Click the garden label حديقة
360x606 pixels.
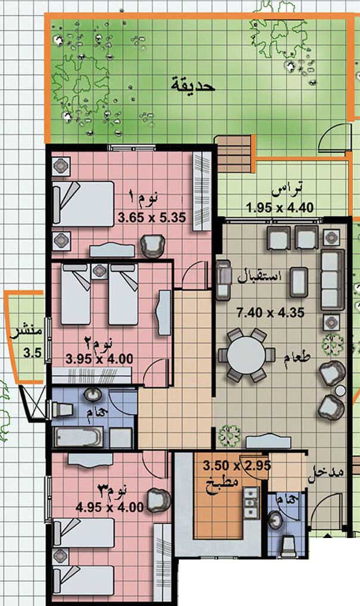[193, 85]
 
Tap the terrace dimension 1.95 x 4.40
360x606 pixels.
[280, 208]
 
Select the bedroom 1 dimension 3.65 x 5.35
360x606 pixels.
[152, 218]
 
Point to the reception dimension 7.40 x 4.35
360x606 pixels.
[271, 313]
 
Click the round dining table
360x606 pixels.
[246, 355]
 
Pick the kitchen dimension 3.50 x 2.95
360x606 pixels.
[237, 465]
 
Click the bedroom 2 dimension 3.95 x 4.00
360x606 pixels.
[100, 358]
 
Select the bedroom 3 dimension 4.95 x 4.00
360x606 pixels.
[110, 506]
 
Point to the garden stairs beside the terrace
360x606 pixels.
[234, 154]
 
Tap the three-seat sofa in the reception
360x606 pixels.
[332, 280]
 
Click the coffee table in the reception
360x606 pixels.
[299, 282]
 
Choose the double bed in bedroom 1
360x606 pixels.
[83, 203]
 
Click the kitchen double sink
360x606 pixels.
[251, 503]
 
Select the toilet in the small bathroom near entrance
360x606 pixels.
[288, 546]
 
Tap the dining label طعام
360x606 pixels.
[297, 357]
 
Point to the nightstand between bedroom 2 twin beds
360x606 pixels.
[100, 271]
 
